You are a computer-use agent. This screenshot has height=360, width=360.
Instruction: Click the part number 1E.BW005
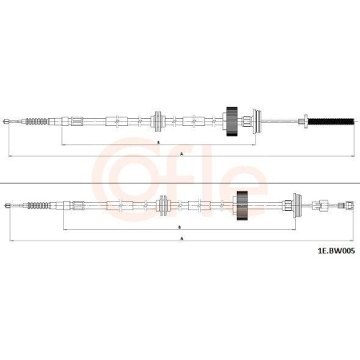click(x=336, y=251)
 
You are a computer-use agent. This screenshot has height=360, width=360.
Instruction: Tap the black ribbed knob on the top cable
click(x=232, y=122)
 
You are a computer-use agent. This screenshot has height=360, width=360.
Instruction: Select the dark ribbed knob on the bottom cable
click(x=242, y=206)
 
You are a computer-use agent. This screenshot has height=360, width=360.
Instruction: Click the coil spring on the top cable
click(x=37, y=122)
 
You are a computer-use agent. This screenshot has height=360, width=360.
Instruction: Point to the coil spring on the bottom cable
click(x=38, y=206)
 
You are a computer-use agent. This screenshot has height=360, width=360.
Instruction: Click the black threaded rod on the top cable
click(x=331, y=122)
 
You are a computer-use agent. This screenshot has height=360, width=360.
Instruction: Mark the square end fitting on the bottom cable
click(x=350, y=206)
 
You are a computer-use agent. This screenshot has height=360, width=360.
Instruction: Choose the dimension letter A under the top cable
click(x=181, y=154)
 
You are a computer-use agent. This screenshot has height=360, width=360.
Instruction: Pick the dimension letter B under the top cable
click(x=158, y=143)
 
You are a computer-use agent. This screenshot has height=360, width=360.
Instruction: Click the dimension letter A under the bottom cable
click(x=182, y=238)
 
